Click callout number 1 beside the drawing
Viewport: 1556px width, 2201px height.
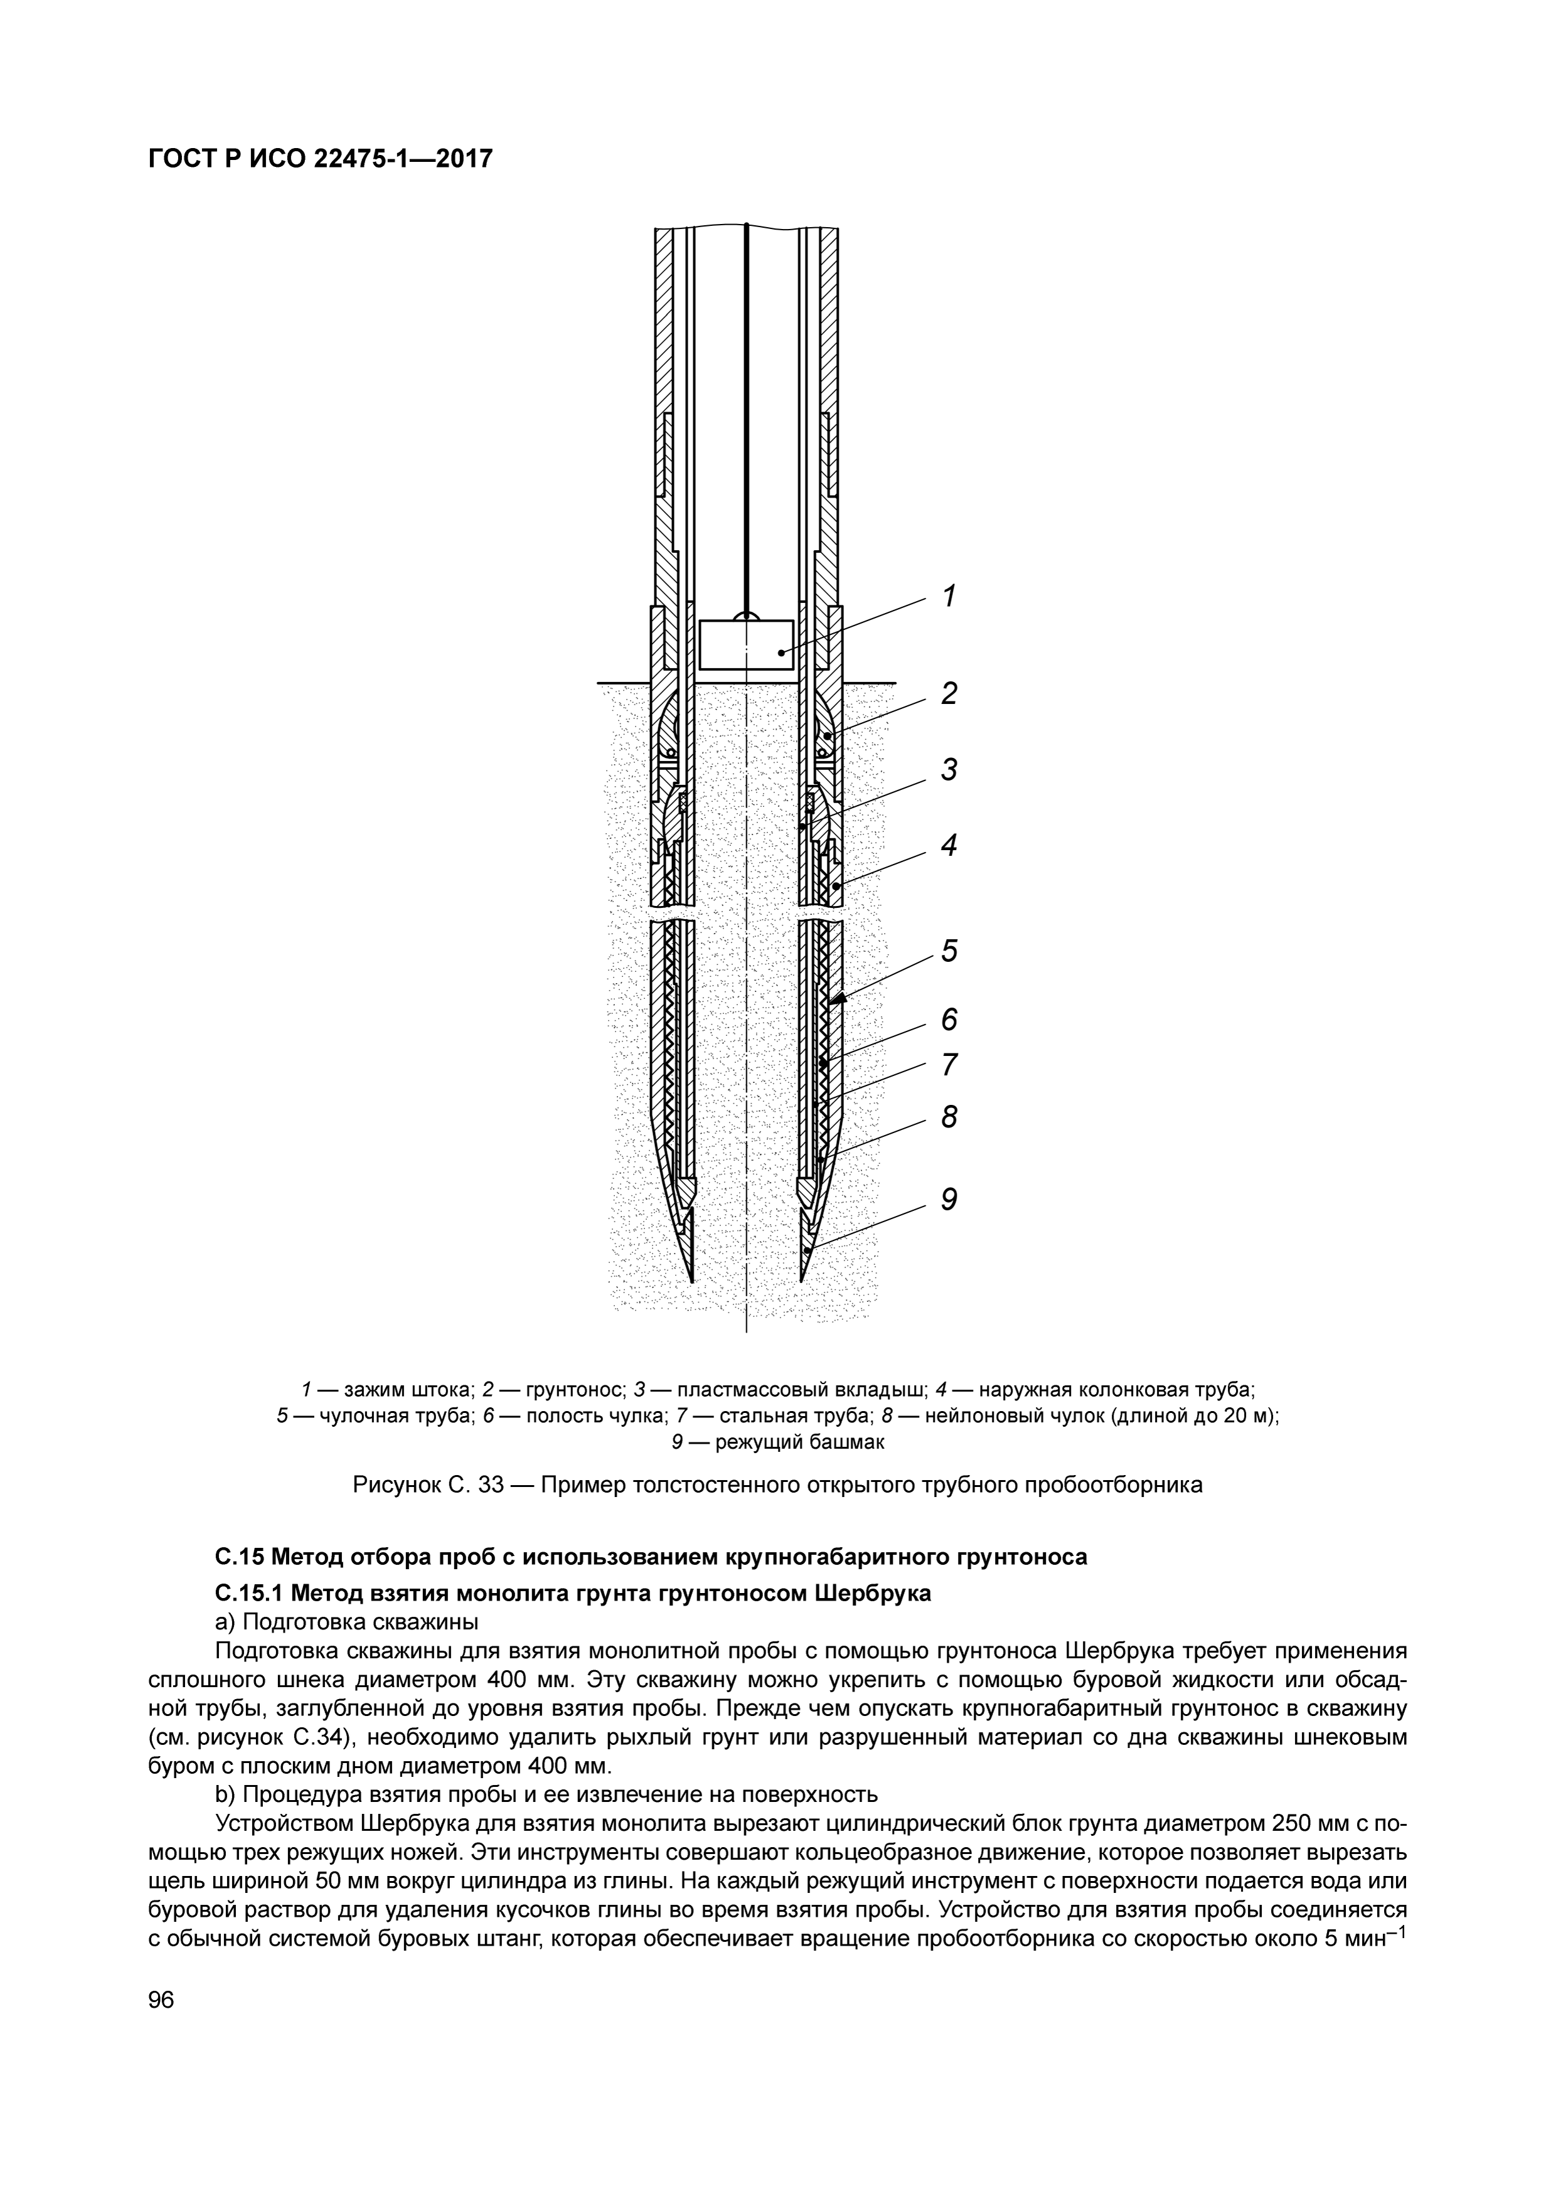pyautogui.click(x=948, y=596)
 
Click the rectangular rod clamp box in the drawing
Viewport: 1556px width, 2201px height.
pyautogui.click(x=746, y=644)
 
